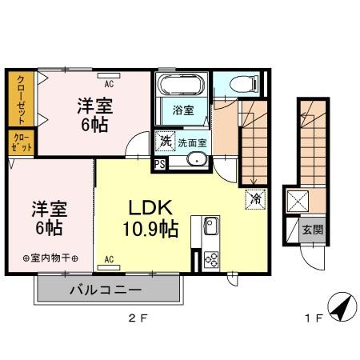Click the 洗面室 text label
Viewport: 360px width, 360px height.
[193, 142]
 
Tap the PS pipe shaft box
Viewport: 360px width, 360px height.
[160, 165]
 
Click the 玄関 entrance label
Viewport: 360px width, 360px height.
[313, 230]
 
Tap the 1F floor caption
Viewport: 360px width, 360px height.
[313, 319]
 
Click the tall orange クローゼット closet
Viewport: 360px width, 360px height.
[18, 99]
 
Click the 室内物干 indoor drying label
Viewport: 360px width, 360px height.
[50, 258]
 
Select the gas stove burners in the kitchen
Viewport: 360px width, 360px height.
[213, 258]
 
